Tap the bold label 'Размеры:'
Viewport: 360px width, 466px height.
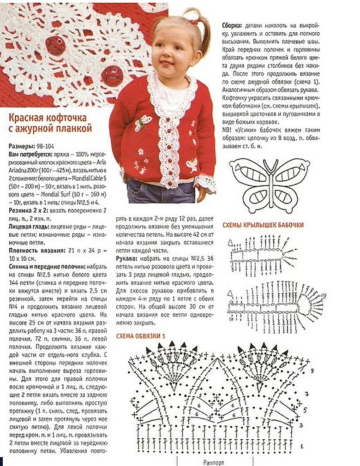click(x=22, y=146)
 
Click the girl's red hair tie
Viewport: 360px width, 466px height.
click(x=192, y=20)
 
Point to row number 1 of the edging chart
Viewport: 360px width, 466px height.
click(x=300, y=446)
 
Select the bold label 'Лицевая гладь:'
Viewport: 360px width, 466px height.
click(x=30, y=227)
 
